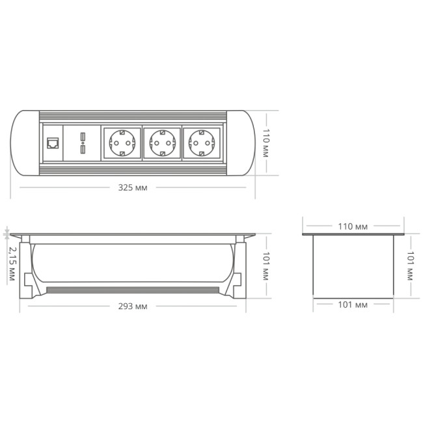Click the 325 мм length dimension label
point(133,187)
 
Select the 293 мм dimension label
point(133,307)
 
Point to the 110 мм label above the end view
point(353,226)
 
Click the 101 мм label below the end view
point(353,305)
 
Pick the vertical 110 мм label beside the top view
point(266,143)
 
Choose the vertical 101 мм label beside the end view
point(411,266)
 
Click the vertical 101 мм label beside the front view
point(266,266)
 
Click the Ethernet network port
point(53,143)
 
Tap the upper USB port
point(83,137)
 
